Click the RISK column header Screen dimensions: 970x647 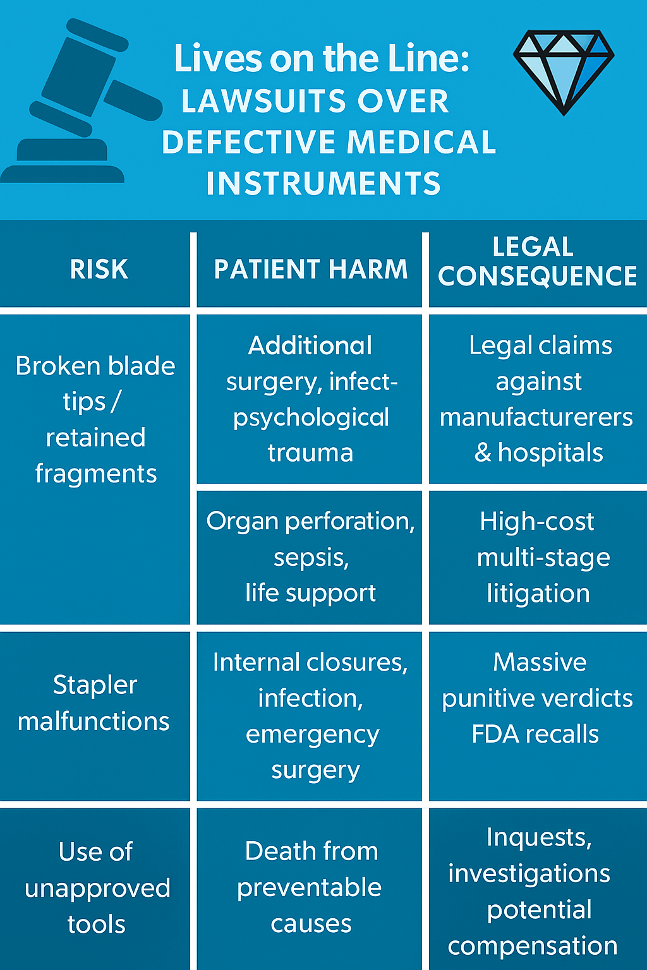99,270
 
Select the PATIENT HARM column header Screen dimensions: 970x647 310,270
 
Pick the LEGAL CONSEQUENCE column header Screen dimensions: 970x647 537,262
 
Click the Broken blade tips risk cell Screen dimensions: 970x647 95,419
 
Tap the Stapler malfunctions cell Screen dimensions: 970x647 94,703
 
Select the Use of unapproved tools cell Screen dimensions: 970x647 97,887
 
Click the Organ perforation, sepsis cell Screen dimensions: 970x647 310,557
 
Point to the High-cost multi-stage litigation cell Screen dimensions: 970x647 538,557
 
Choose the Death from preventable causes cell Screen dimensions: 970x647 310,887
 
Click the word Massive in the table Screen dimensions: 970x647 540,662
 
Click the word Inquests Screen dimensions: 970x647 539,838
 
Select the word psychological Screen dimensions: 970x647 311,418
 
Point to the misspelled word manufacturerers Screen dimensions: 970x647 536,417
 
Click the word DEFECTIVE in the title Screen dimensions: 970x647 248,142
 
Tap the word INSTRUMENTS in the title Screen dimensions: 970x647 323,184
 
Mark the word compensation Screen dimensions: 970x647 533,946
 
